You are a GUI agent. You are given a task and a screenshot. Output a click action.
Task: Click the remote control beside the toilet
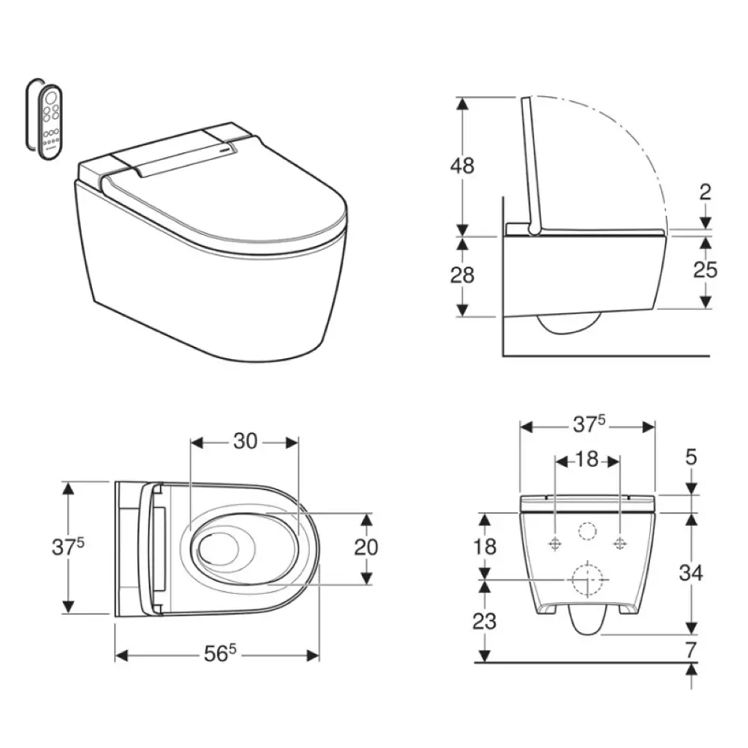[51, 122]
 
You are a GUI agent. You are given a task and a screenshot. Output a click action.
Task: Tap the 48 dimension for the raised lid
[462, 165]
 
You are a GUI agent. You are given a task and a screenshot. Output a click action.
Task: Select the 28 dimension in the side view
[462, 275]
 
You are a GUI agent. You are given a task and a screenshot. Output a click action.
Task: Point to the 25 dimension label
[705, 270]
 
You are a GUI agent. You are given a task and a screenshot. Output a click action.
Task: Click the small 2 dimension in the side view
[705, 191]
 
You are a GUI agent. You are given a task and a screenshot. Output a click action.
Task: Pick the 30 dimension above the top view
[245, 441]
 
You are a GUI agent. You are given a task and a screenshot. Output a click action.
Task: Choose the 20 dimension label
[366, 548]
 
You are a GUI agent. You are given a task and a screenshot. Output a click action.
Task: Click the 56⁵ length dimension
[220, 653]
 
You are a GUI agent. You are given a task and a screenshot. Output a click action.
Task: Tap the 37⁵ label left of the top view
[68, 546]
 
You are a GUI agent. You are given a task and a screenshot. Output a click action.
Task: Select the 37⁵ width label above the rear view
[589, 423]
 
